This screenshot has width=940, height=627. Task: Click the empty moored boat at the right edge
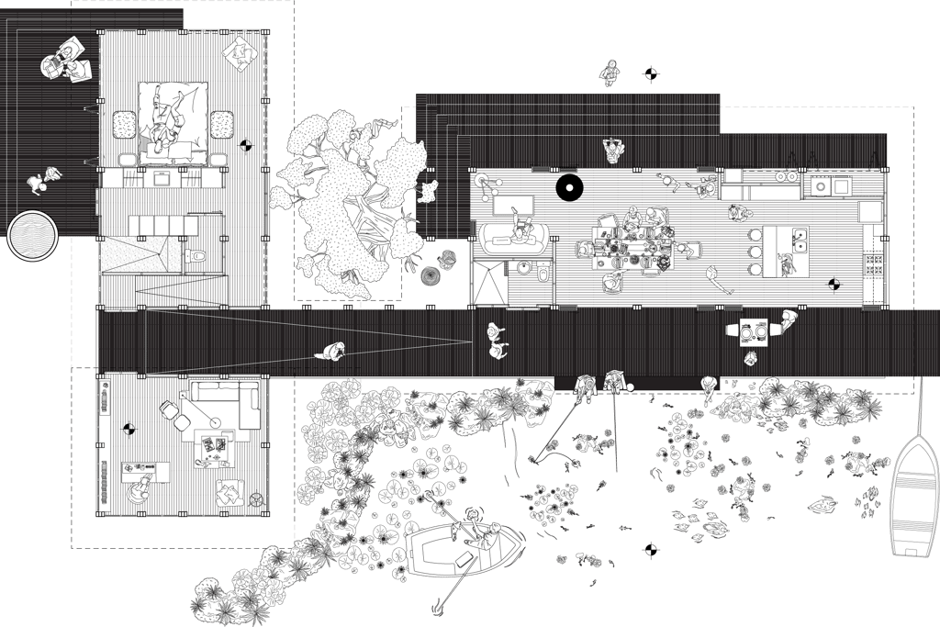point(913,497)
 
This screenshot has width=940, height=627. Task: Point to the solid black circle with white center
point(569,189)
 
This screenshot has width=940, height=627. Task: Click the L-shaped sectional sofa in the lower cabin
point(220,403)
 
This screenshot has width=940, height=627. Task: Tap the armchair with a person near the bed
point(241,52)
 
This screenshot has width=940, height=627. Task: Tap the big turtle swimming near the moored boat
point(822,504)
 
